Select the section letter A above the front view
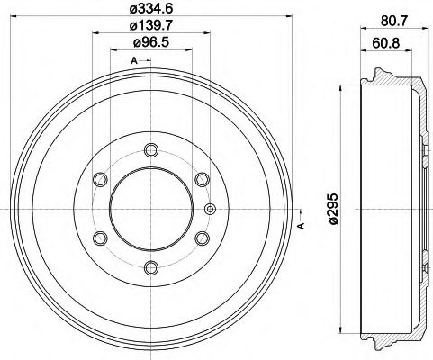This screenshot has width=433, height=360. (x=134, y=60)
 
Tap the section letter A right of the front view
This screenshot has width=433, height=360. (x=300, y=227)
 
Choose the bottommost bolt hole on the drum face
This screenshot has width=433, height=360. (x=149, y=267)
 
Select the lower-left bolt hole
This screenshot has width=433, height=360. (x=99, y=238)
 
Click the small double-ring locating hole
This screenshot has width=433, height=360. (x=211, y=210)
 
